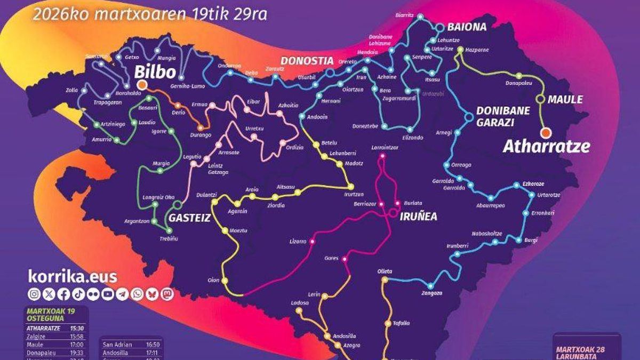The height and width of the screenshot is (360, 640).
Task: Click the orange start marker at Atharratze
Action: click(x=545, y=133)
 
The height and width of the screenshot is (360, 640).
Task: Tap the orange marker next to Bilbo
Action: click(x=141, y=85)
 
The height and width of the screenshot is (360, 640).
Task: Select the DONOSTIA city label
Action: click(x=307, y=60)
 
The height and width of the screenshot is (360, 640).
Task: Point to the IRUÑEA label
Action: click(x=419, y=217)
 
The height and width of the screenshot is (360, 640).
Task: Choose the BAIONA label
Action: click(x=467, y=27)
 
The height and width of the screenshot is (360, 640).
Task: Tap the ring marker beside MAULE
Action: click(x=540, y=99)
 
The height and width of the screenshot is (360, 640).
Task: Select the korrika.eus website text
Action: click(x=72, y=276)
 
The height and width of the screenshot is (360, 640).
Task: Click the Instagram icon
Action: click(x=34, y=294)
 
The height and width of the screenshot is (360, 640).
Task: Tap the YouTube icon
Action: click(x=108, y=294)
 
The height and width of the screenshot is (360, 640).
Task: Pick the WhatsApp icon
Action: click(x=137, y=294)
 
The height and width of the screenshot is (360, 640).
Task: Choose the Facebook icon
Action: click(x=63, y=294)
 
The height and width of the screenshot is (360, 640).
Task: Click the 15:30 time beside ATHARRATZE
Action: click(x=77, y=328)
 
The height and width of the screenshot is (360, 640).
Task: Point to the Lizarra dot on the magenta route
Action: click(x=313, y=242)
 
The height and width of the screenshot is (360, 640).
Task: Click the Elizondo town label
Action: click(x=413, y=138)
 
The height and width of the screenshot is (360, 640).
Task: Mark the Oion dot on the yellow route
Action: click(x=225, y=281)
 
